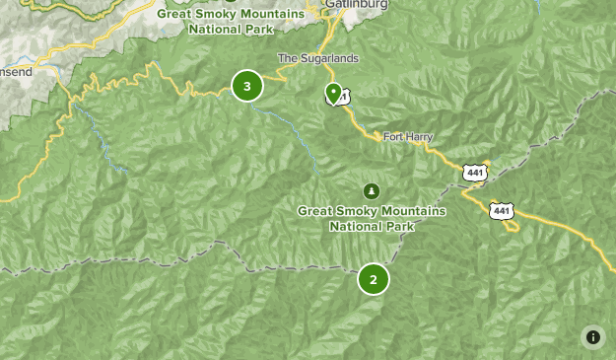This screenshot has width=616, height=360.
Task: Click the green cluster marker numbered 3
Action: (246, 86)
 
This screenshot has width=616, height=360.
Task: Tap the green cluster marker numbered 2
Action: (374, 279)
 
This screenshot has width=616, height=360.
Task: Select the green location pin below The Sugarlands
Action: (333, 94)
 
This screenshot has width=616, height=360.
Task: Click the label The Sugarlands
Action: (318, 58)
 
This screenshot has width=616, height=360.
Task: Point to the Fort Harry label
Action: (407, 136)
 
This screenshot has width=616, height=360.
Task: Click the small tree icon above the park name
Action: (372, 190)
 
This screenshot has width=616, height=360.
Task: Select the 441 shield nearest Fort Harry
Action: (475, 173)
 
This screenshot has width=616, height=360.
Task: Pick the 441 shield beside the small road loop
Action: (502, 210)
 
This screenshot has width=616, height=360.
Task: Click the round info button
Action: (593, 337)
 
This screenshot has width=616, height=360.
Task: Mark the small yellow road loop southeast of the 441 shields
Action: (510, 226)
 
